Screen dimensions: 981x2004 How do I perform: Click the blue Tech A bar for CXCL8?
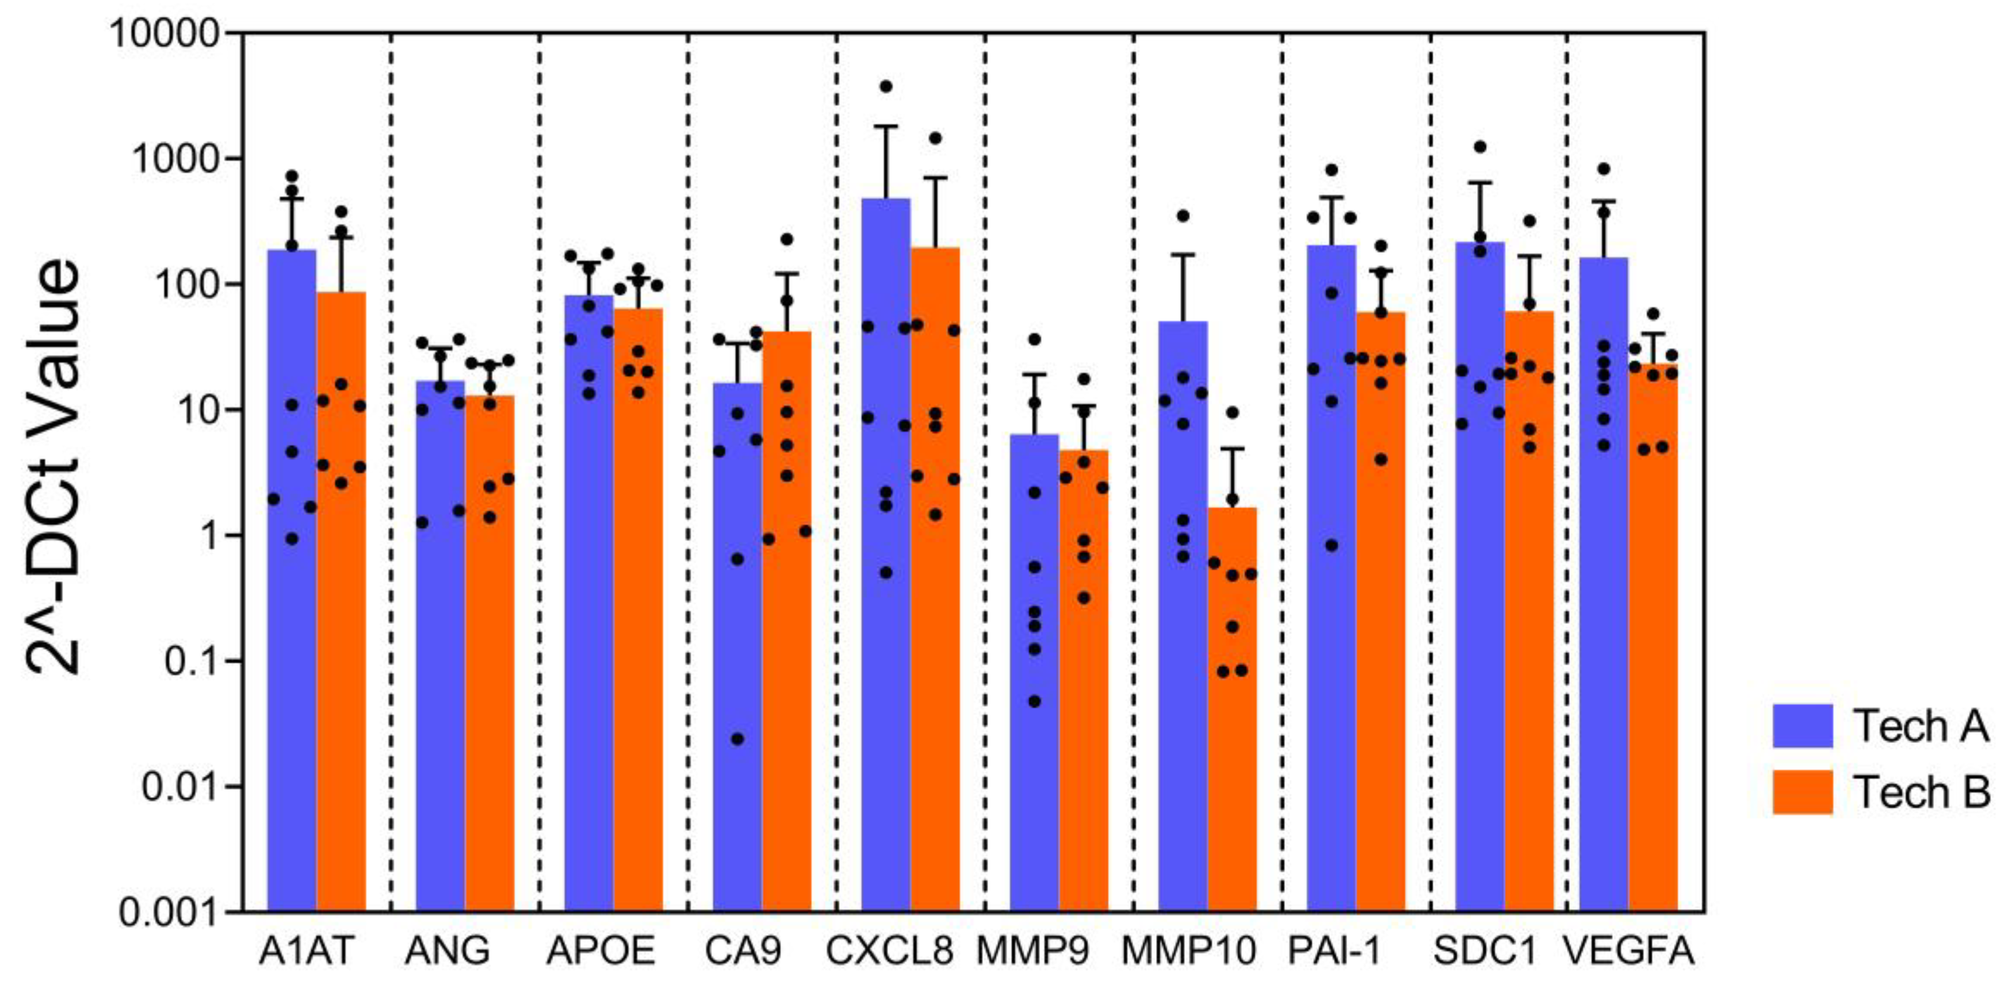pos(885,622)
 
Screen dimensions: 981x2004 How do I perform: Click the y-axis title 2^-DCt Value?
pos(53,467)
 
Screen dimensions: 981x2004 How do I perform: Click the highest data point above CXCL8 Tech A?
pos(885,86)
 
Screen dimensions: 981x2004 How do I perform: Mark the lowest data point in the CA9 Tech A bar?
pos(737,739)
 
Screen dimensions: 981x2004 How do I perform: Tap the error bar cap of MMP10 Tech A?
pos(1183,254)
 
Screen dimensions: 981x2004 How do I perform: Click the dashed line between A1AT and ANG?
pos(391,467)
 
